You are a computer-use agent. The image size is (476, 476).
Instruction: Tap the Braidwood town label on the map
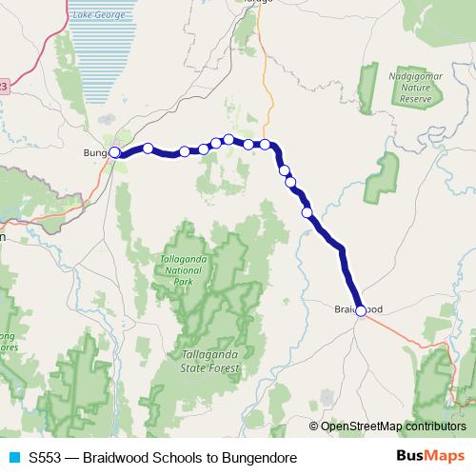click(x=359, y=309)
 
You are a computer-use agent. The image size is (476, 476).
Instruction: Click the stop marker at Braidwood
click(x=361, y=310)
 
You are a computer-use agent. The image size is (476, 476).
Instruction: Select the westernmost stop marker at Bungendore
click(x=114, y=152)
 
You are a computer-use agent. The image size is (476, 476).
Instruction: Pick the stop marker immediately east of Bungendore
click(x=148, y=148)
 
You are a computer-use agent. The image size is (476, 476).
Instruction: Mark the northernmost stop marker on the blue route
click(x=228, y=139)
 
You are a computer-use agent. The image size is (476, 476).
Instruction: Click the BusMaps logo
click(x=432, y=458)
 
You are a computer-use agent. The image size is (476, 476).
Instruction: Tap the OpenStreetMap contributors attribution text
click(x=393, y=426)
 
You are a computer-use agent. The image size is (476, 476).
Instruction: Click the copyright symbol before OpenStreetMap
click(x=314, y=426)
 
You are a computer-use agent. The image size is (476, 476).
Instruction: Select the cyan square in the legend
click(x=12, y=458)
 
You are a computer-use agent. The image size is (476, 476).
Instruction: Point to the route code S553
click(x=47, y=458)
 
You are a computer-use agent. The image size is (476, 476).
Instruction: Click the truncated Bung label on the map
click(x=96, y=152)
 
